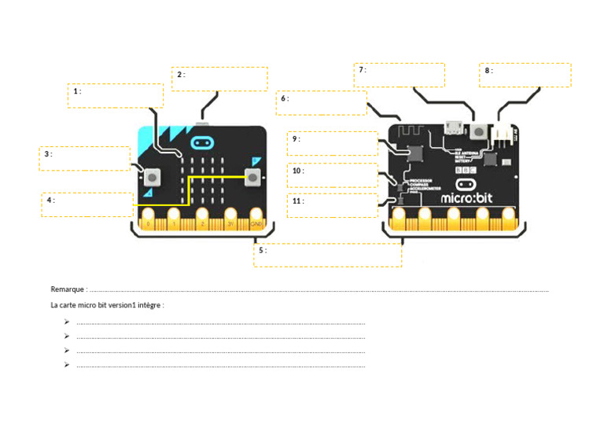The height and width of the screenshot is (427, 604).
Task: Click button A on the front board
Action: [x=153, y=176]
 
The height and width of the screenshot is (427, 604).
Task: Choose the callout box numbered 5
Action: [x=327, y=255]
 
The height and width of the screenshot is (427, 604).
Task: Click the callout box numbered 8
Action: [x=525, y=75]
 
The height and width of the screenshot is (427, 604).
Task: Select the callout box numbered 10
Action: [x=331, y=175]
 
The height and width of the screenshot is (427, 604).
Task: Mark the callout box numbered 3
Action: [x=85, y=158]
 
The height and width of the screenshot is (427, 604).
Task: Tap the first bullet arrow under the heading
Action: [x=68, y=322]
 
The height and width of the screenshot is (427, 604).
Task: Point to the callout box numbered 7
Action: [x=400, y=75]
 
